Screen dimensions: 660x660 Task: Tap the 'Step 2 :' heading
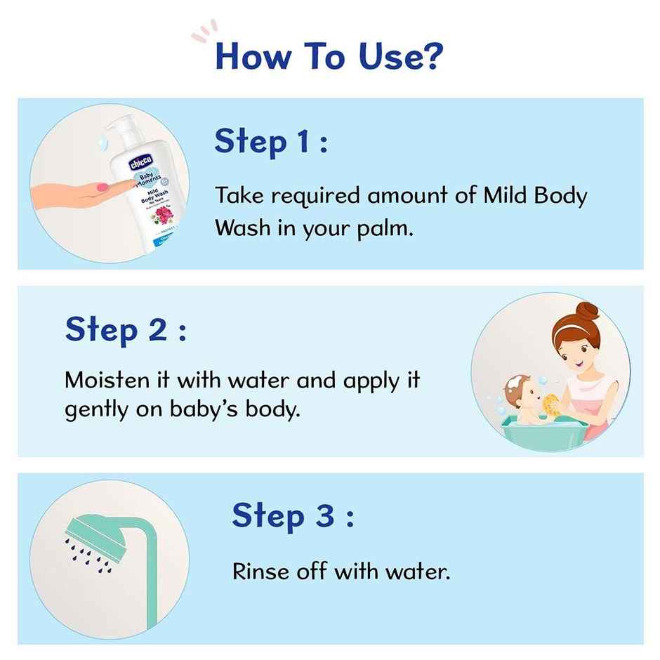point(126,329)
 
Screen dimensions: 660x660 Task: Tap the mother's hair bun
point(586,310)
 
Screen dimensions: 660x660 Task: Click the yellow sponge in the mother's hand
point(550,405)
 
